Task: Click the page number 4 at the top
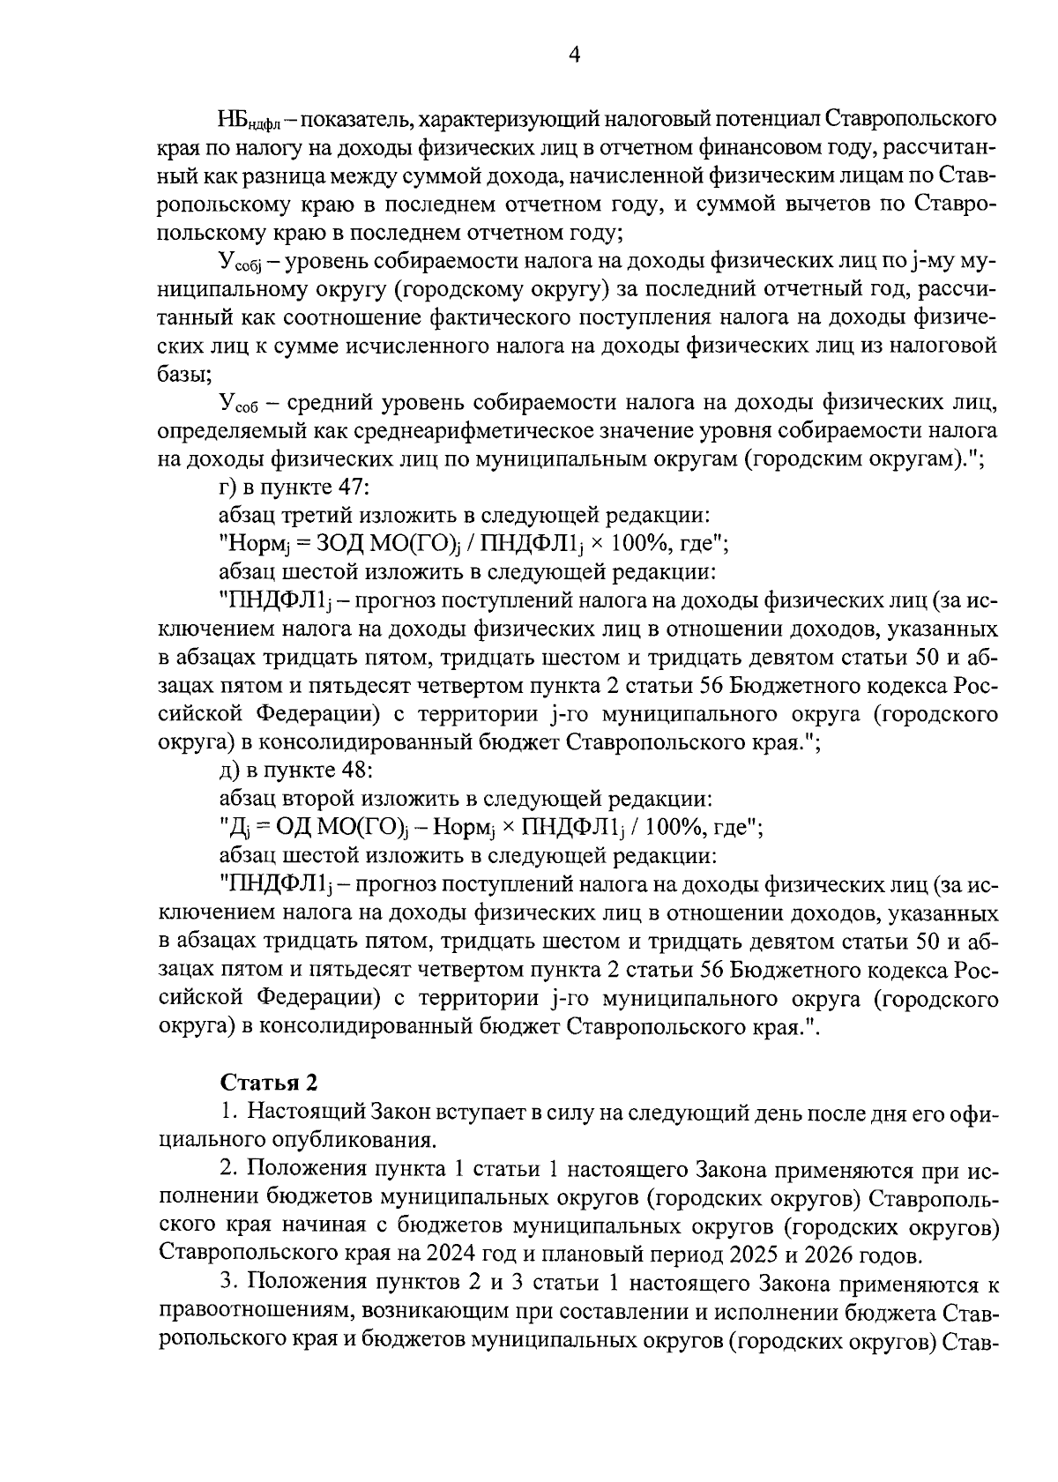point(574,56)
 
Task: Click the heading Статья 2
point(261,1081)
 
